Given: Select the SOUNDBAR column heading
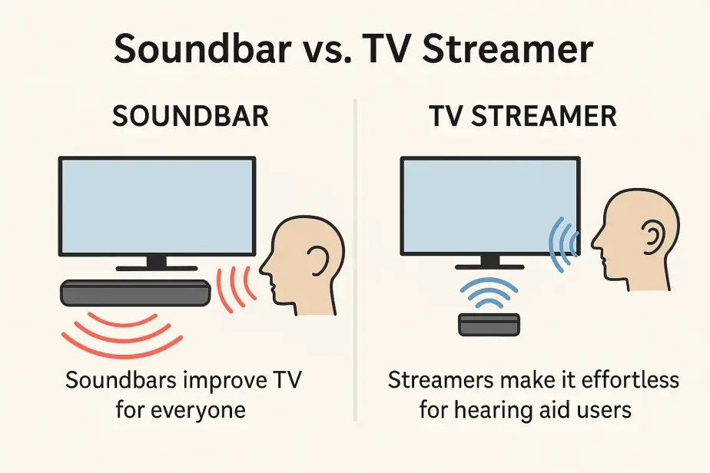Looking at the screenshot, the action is (x=191, y=116).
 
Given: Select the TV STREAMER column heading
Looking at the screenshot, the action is (x=523, y=116).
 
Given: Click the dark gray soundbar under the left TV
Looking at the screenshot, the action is (x=135, y=293).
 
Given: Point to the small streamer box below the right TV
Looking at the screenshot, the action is (x=489, y=325).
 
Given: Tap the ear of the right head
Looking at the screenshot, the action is (x=654, y=239).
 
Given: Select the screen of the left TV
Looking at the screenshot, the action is (x=157, y=207).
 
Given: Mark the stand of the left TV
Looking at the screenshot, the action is (x=157, y=263).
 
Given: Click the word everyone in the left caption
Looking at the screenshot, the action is (x=198, y=410).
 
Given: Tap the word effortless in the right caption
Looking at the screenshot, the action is (x=630, y=380).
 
